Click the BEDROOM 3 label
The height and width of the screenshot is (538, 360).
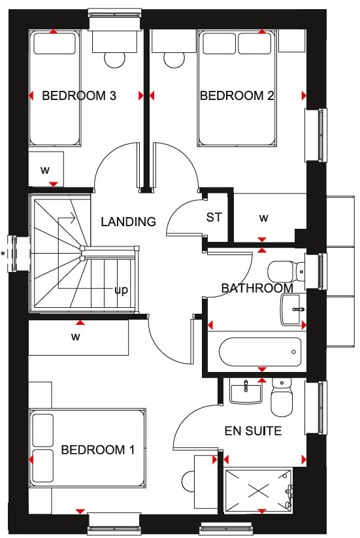click(79, 95)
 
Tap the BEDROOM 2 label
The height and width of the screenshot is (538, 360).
click(237, 95)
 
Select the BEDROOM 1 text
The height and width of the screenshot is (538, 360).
click(98, 450)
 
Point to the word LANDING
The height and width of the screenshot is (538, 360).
click(128, 222)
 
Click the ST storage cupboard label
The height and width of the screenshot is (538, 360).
click(214, 217)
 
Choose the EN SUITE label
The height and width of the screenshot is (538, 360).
click(253, 431)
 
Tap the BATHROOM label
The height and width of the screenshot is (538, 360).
click(257, 288)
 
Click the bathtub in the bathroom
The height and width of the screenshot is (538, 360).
click(260, 352)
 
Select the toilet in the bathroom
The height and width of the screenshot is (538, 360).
click(286, 271)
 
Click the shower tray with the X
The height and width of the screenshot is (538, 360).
click(258, 492)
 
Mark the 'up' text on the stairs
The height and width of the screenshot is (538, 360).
click(121, 290)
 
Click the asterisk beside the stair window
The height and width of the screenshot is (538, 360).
click(3, 254)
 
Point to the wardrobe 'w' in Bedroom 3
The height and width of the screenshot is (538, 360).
click(45, 170)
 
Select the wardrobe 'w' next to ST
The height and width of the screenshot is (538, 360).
click(264, 218)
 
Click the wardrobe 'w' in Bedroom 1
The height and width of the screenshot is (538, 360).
click(76, 337)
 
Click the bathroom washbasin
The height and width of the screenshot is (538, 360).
click(293, 309)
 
